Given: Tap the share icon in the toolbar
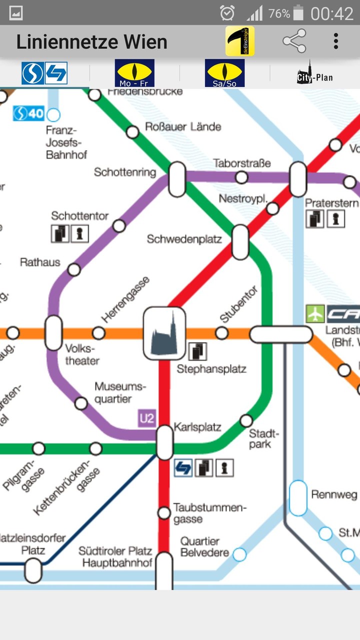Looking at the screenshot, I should point(294,41).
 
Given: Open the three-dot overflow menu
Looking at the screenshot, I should point(336,41).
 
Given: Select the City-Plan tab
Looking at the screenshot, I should point(314,73).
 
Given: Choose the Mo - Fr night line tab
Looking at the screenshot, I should point(134,73).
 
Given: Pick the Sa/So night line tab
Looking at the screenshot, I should point(224,73).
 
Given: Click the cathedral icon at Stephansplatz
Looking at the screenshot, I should point(164,333).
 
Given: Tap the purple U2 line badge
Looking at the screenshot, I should point(146,418).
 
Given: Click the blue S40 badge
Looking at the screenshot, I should point(29,113).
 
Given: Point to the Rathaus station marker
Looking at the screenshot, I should point(74,270).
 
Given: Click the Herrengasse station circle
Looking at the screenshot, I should point(99,333).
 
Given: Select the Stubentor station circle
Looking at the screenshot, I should point(221,333).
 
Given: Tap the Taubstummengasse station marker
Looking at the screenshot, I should point(164,512).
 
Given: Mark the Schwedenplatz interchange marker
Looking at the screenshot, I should point(240,242).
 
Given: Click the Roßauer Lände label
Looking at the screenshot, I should point(183,127).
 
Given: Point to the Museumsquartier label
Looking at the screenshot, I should point(120,392).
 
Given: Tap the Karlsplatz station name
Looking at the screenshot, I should point(197,427).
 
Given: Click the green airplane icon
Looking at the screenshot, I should point(315,314).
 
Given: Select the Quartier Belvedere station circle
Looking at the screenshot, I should point(239,554).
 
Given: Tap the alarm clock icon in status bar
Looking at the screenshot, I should point(227,13).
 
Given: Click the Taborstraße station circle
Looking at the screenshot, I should point(241,177).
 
